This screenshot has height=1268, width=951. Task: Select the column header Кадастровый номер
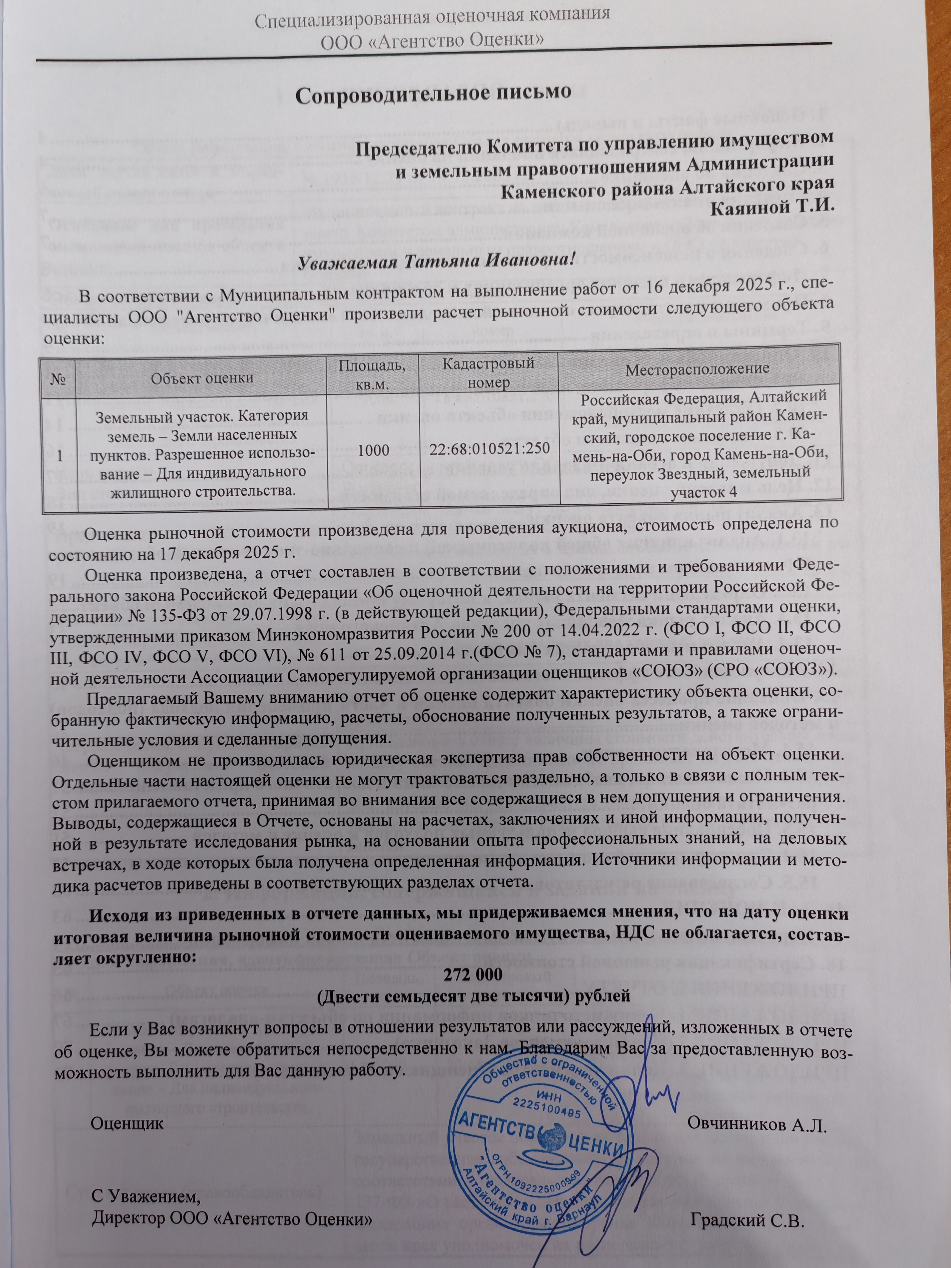(492, 371)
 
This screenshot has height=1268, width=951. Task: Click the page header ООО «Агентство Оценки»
(432, 40)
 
